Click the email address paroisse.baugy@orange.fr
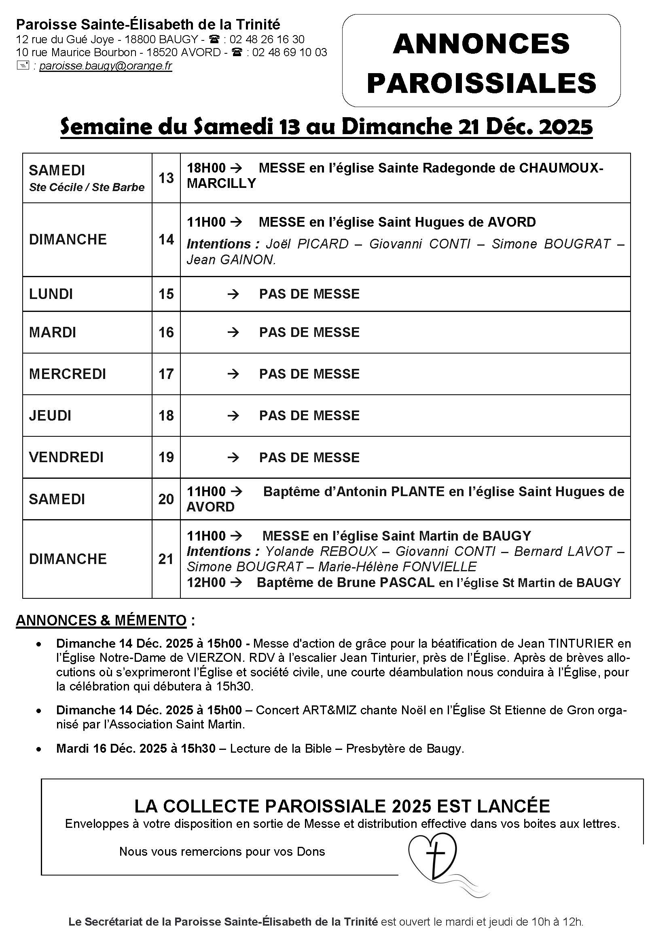106,66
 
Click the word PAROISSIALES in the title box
481,83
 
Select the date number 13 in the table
166,178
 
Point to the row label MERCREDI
68,374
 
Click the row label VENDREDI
66,457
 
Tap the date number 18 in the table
166,416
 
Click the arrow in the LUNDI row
233,294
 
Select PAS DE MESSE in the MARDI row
309,332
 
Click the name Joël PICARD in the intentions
307,244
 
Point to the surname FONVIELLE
439,567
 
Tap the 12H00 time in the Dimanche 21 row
206,583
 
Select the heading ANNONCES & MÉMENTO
102,620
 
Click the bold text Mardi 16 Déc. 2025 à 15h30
136,748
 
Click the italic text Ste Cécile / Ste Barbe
87,187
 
